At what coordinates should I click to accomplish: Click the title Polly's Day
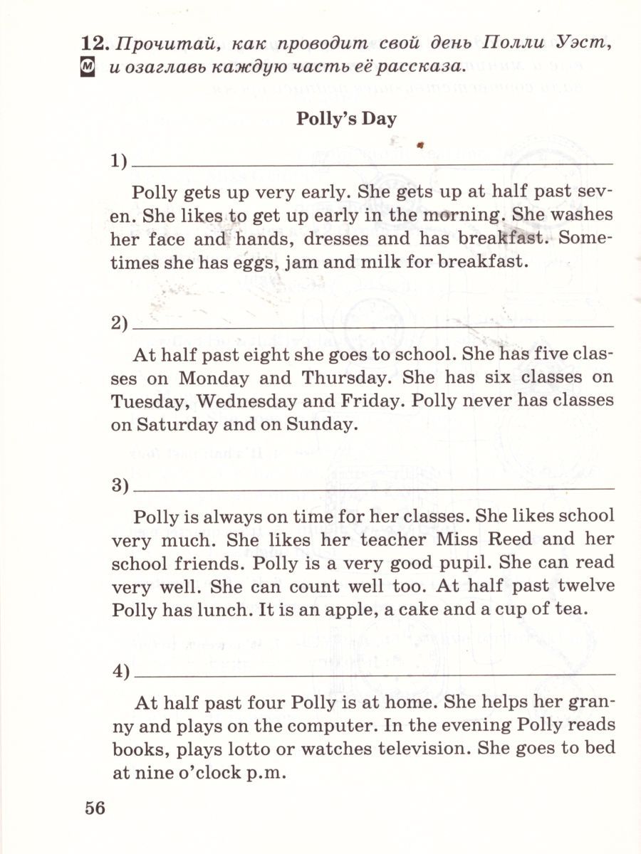(x=346, y=118)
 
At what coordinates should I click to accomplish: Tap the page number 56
(x=95, y=808)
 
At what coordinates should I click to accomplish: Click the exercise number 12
(x=95, y=44)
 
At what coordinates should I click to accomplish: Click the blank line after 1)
(x=373, y=164)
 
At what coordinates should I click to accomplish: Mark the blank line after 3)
(x=373, y=489)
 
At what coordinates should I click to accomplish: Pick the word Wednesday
(x=246, y=400)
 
